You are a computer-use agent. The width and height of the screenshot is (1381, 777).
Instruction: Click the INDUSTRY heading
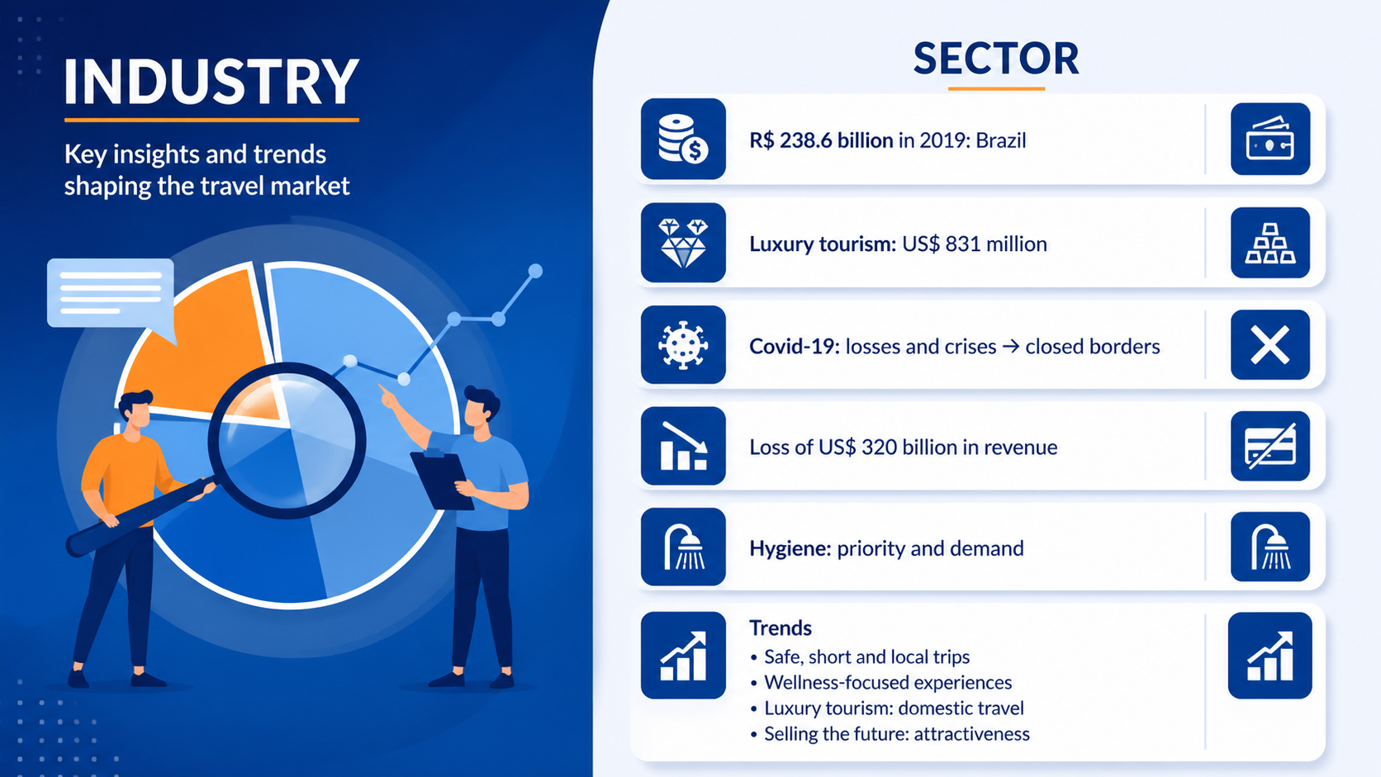coord(211,82)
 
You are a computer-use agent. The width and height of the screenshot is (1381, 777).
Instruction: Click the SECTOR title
coord(995,59)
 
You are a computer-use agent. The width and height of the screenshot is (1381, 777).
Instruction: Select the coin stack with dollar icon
coord(683,139)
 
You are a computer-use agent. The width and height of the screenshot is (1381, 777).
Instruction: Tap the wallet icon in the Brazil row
coord(1270,139)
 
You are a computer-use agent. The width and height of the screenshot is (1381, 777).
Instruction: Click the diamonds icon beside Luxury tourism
coord(683,243)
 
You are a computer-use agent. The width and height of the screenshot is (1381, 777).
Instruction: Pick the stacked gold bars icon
coord(1270,243)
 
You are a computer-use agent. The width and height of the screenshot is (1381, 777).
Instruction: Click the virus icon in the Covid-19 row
coord(683,345)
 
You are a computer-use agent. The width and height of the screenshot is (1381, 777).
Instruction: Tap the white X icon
coord(1270,345)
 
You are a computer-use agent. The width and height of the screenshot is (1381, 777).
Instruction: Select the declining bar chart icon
coord(683,446)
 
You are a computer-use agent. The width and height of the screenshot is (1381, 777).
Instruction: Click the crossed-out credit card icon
coord(1270,446)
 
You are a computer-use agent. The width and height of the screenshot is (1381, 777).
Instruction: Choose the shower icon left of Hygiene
coord(683,547)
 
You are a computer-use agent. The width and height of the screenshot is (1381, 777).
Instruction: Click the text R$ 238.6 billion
coord(821,140)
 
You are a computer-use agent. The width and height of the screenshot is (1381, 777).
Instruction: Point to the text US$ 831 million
coord(974,244)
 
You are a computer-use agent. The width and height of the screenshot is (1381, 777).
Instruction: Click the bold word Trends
coord(780,628)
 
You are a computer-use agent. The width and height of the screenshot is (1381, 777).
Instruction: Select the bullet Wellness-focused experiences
coord(888,683)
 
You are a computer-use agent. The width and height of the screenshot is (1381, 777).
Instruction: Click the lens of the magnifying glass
coord(287,441)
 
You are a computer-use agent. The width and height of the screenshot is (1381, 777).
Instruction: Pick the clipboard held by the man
coord(443,480)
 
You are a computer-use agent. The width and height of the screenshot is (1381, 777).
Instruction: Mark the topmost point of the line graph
coord(535,271)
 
